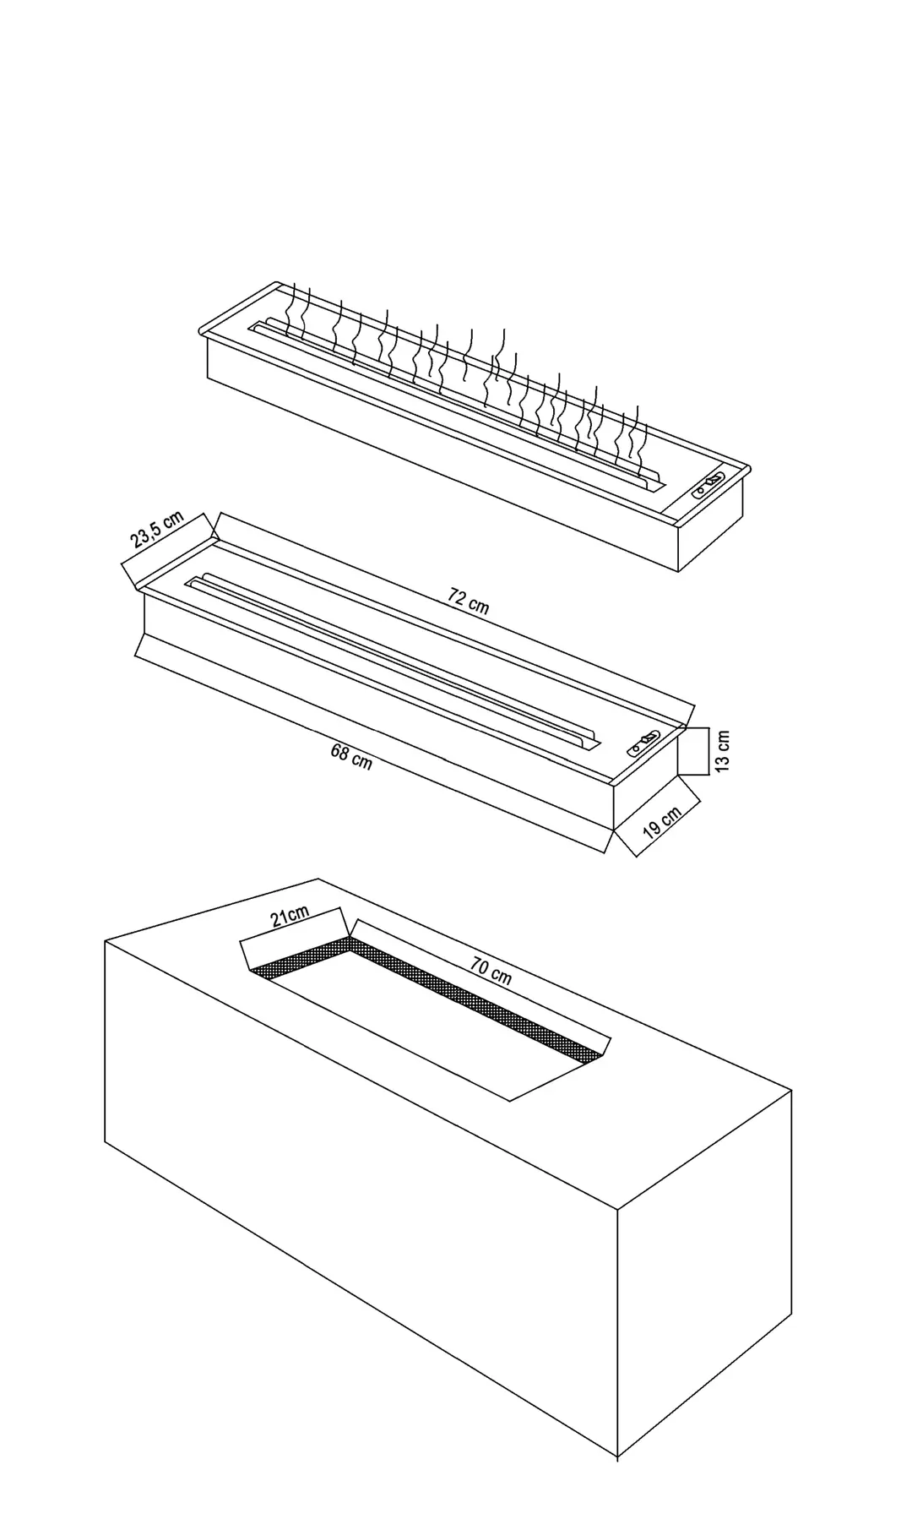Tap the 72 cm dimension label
click(469, 602)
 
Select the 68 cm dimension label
click(351, 755)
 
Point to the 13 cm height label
click(723, 750)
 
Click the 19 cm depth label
click(662, 821)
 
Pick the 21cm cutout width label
click(290, 916)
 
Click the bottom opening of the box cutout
click(426, 1030)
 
